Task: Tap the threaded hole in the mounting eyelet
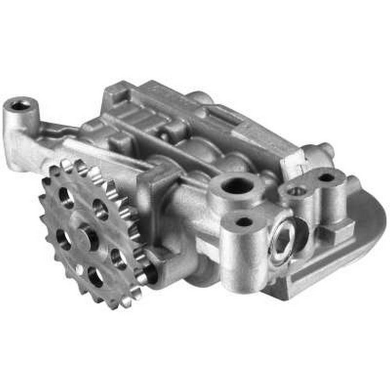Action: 20,104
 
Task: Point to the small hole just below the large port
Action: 243,222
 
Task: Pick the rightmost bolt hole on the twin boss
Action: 326,177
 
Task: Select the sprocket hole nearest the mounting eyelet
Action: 66,196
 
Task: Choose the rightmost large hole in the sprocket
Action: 118,258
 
